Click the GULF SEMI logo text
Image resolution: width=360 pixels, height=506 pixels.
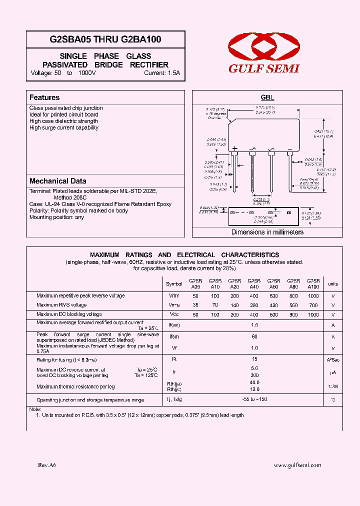point(263,69)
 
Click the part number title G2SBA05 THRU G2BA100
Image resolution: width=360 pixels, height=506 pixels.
point(105,39)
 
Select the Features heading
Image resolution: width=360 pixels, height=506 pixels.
point(44,97)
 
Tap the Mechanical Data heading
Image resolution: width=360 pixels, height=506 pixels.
point(57,181)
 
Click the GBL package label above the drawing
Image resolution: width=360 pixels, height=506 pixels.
point(267,98)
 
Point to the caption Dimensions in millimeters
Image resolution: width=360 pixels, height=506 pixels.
point(267,232)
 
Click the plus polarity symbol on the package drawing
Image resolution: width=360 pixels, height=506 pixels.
point(234,148)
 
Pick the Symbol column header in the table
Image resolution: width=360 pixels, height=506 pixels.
point(174,284)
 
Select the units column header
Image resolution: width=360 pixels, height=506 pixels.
point(332,284)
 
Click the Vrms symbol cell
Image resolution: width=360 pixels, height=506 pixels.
point(174,305)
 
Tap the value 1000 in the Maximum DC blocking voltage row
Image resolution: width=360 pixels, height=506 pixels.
point(313,314)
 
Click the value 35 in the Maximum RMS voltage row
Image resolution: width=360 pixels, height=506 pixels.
point(195,305)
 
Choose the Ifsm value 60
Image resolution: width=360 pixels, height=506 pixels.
point(254,337)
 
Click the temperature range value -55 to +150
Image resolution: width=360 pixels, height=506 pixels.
point(254,400)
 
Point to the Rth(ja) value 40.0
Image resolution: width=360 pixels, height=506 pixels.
point(254,382)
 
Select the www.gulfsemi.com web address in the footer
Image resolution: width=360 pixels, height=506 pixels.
point(297,465)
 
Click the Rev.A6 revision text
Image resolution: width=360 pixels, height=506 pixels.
point(47,465)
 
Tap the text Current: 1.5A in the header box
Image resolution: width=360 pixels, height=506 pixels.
point(161,73)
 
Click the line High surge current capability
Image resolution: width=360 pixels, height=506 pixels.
point(64,127)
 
